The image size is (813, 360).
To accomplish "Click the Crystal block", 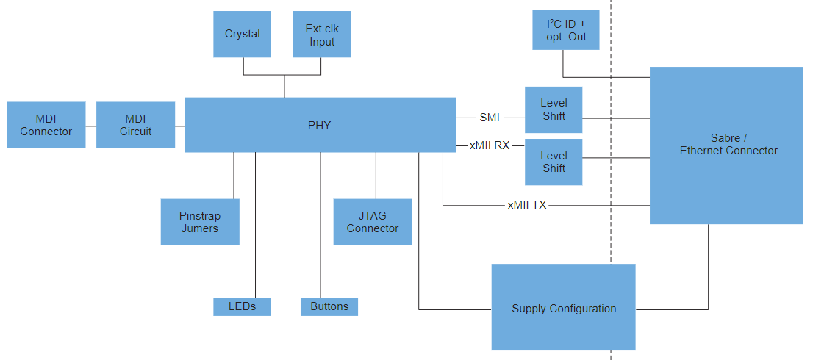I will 242,34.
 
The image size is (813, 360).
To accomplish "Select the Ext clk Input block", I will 321,34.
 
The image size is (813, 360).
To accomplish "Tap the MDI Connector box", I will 46,125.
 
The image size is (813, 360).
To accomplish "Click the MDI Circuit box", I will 135,125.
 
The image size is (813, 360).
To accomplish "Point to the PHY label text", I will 319,126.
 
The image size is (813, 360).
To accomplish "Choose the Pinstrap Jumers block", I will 200,222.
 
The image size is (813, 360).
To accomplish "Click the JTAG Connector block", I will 373,222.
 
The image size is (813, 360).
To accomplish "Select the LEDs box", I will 242,306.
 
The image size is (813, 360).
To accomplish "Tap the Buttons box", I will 329,306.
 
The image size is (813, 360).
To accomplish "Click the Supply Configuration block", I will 563,308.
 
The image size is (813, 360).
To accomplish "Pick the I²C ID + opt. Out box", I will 566,30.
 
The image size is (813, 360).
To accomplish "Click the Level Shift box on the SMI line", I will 554,109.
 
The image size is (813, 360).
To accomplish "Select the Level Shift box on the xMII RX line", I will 554,162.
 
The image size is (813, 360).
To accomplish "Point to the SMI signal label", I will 490,117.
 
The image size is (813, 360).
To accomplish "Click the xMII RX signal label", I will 490,145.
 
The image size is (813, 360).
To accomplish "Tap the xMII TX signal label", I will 526,206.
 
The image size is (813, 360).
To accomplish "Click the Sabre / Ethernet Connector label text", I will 728,144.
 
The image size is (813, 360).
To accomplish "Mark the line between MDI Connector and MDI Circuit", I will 91,126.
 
